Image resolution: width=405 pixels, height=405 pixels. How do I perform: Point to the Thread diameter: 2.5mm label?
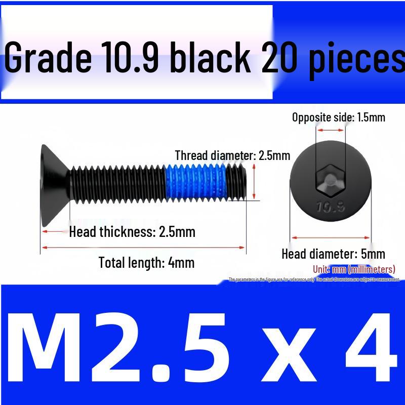(232, 155)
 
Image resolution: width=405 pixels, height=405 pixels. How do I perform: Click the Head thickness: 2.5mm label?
(132, 232)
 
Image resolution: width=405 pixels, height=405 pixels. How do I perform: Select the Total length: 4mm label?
(146, 263)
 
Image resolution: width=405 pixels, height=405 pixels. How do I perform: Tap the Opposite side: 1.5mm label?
(339, 117)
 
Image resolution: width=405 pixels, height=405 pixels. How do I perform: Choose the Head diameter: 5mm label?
(333, 254)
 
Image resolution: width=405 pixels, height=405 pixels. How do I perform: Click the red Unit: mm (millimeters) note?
(354, 269)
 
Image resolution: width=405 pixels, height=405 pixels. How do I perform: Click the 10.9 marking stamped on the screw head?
(330, 207)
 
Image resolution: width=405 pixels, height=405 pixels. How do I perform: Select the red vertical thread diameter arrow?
(254, 182)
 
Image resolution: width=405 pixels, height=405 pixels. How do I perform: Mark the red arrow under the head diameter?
(331, 237)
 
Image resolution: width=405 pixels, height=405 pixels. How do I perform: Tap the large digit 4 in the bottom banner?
(370, 343)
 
